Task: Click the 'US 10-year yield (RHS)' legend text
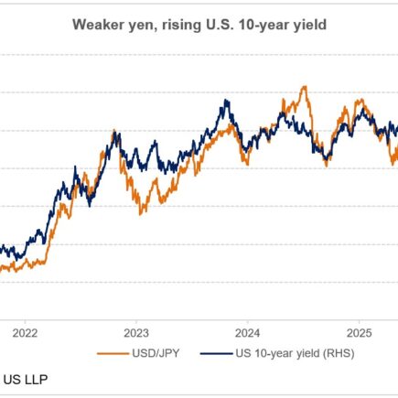293,353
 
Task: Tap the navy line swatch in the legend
215,353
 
